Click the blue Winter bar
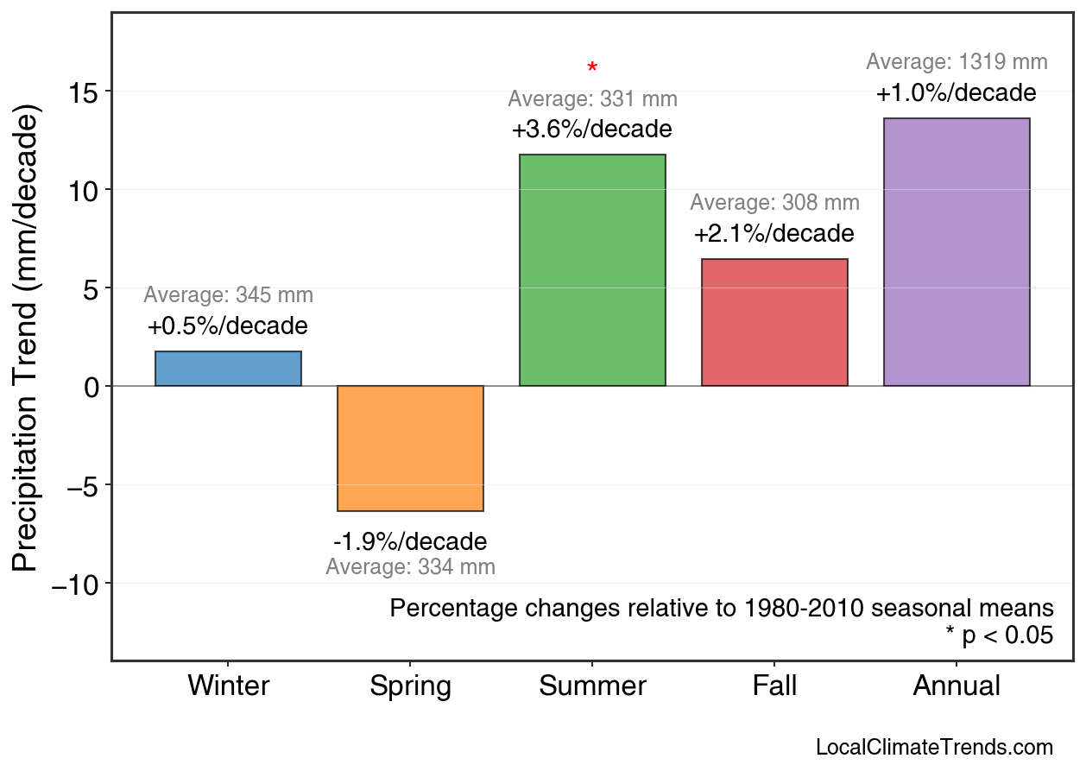tap(228, 369)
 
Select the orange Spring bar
tap(410, 448)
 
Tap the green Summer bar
tap(592, 270)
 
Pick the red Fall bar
tap(774, 322)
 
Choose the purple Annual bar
tap(957, 252)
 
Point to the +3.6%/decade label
tap(592, 130)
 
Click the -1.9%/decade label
tap(410, 542)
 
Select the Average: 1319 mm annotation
tap(957, 62)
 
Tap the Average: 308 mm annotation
tap(774, 204)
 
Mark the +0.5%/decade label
tap(228, 327)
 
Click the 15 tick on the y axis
tap(85, 92)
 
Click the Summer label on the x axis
tap(592, 686)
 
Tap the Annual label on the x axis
tap(957, 686)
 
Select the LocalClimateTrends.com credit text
tap(934, 748)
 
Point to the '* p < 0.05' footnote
tap(1000, 636)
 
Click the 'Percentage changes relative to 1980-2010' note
tap(722, 608)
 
